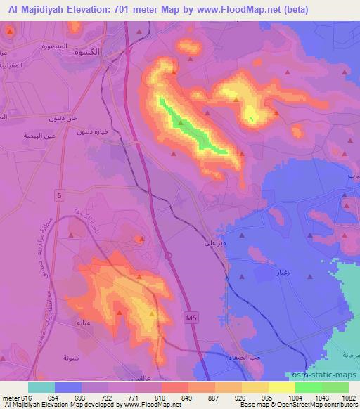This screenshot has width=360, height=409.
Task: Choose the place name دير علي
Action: (x=214, y=240)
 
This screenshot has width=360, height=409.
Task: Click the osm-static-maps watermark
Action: (x=330, y=373)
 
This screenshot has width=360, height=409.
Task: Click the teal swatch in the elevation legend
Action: (x=41, y=387)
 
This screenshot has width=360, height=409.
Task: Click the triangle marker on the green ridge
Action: (x=181, y=123)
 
